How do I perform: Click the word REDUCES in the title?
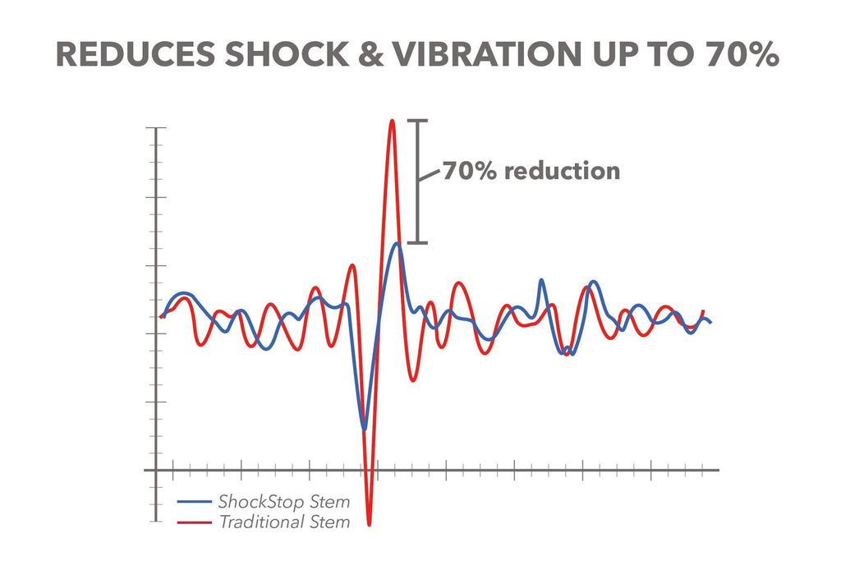click(132, 55)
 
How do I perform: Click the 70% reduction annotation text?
click(531, 172)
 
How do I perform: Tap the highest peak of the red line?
click(392, 121)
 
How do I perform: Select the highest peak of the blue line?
click(397, 243)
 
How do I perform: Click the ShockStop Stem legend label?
click(283, 502)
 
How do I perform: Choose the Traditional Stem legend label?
click(283, 522)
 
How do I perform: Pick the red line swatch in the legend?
click(195, 522)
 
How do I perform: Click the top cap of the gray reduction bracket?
click(418, 121)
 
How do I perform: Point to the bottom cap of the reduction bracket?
click(418, 242)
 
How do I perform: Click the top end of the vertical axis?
click(155, 129)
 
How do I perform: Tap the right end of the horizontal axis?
click(718, 471)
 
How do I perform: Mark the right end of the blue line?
click(710, 322)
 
